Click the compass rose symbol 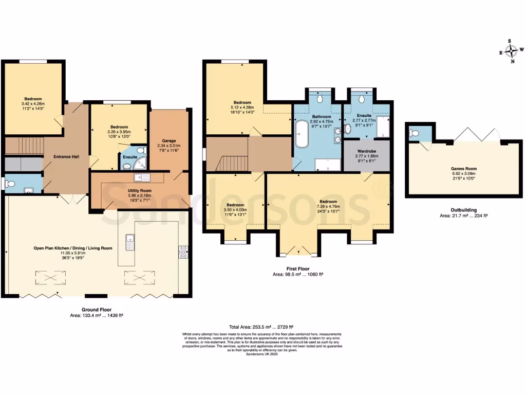click(511, 51)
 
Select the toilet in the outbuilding click(414, 135)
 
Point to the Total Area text click(261, 327)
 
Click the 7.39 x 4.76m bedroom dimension click(328, 207)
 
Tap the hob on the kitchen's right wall click(183, 252)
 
